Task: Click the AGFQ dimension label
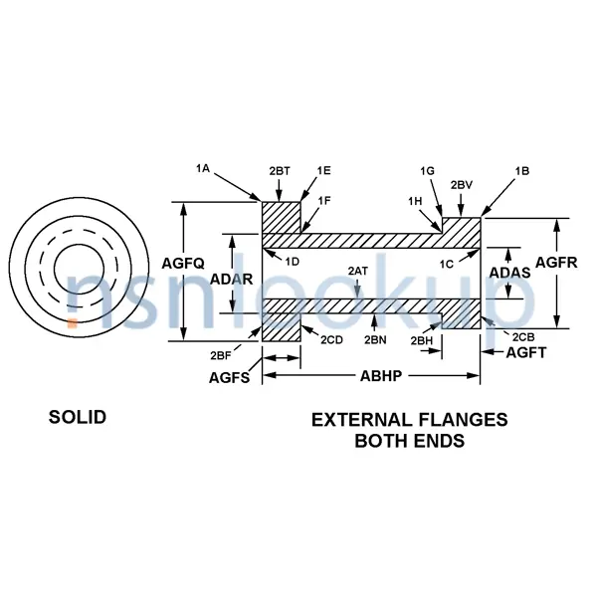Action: [183, 264]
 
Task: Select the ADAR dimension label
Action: [232, 280]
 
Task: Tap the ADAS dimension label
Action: [510, 271]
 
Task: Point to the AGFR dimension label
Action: [555, 263]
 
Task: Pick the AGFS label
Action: [230, 377]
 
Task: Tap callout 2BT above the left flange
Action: [280, 171]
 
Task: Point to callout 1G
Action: [428, 171]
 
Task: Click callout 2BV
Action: [461, 185]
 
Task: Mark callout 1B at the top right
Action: [521, 171]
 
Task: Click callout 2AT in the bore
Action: [357, 270]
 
